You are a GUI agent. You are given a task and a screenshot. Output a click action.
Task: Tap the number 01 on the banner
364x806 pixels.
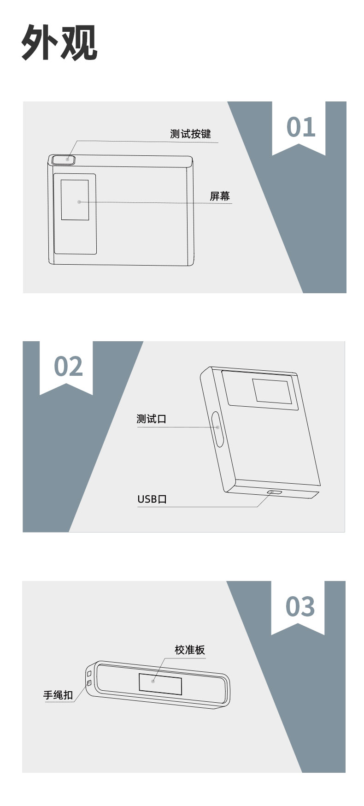pyautogui.click(x=301, y=127)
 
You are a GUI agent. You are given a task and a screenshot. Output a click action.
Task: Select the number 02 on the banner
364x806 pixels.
pyautogui.click(x=68, y=366)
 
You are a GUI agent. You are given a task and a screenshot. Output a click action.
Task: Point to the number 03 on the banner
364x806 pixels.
pyautogui.click(x=300, y=606)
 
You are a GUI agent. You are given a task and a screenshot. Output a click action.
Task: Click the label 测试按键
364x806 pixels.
pyautogui.click(x=190, y=134)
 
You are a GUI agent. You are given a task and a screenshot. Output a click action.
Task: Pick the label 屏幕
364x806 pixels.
pyautogui.click(x=219, y=196)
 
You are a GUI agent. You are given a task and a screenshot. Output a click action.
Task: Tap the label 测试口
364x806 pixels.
pyautogui.click(x=151, y=419)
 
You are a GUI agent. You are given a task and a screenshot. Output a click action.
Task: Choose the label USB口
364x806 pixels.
pyautogui.click(x=152, y=499)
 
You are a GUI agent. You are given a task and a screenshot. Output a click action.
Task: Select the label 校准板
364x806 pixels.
pyautogui.click(x=189, y=650)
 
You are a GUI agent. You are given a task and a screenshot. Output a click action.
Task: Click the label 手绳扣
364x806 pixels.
pyautogui.click(x=58, y=695)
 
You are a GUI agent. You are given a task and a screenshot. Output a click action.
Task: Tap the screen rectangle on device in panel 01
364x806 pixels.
pyautogui.click(x=75, y=200)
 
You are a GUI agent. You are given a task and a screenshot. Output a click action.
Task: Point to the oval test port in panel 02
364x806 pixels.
pyautogui.click(x=217, y=429)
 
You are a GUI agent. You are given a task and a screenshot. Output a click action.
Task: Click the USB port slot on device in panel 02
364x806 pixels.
pyautogui.click(x=275, y=492)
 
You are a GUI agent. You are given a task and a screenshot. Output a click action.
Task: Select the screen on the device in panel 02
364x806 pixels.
pyautogui.click(x=272, y=391)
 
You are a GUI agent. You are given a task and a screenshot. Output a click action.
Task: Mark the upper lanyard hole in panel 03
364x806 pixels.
pyautogui.click(x=89, y=674)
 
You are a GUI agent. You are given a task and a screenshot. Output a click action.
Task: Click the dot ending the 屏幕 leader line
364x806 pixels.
pyautogui.click(x=79, y=201)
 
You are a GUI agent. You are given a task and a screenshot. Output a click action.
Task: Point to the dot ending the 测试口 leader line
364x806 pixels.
pyautogui.click(x=217, y=427)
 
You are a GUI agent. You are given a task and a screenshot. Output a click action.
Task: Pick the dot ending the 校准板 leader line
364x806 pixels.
pyautogui.click(x=153, y=681)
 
